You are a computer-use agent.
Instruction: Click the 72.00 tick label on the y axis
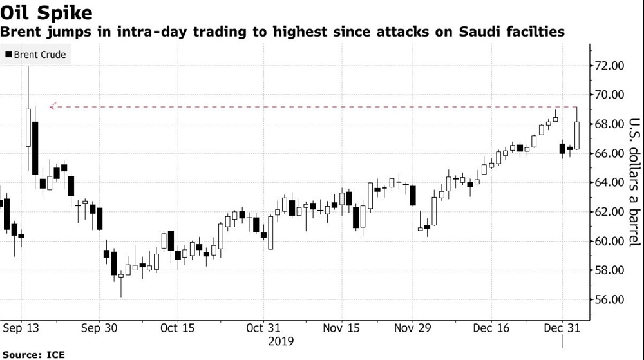(x=609, y=65)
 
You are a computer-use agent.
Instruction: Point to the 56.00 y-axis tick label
(x=609, y=299)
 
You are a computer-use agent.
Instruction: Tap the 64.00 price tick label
(x=609, y=182)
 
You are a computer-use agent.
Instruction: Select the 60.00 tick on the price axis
(x=609, y=241)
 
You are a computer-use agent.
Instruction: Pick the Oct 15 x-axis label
(x=178, y=328)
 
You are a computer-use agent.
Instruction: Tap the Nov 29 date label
(x=412, y=328)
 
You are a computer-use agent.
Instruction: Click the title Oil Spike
(x=46, y=12)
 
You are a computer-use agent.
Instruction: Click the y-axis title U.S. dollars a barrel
(x=634, y=182)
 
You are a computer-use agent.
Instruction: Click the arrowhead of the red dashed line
(x=53, y=106)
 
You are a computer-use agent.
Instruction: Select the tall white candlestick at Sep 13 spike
(x=28, y=128)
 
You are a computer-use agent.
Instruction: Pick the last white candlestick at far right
(x=577, y=135)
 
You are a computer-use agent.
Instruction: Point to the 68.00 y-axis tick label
(x=609, y=124)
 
